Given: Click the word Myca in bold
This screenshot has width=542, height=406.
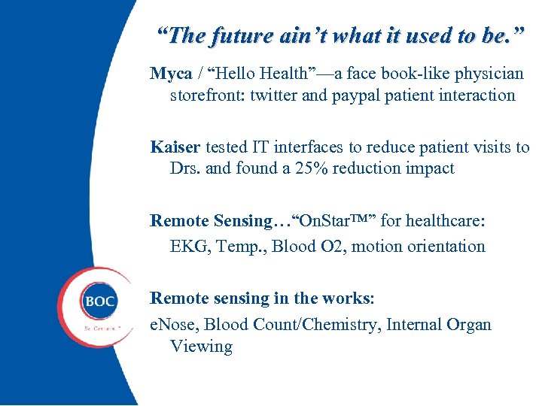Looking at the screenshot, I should pyautogui.click(x=170, y=74).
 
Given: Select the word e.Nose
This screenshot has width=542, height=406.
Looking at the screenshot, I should pyautogui.click(x=175, y=325).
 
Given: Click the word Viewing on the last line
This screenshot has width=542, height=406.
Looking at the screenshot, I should pyautogui.click(x=201, y=347).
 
